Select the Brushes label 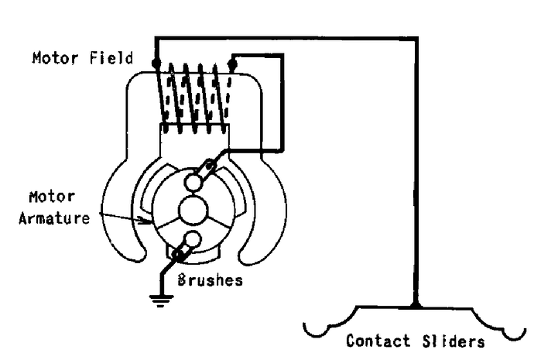point(211,281)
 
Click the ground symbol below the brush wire point(161,300)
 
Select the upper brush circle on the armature point(193,182)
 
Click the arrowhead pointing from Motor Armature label point(149,222)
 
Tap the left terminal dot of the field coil point(156,61)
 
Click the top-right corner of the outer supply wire point(416,37)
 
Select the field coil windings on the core point(193,97)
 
